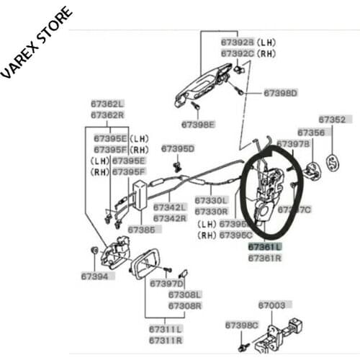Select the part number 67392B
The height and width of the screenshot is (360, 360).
click(238, 42)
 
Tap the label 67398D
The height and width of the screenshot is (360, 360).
click(280, 93)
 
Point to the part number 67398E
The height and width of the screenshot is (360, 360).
click(198, 124)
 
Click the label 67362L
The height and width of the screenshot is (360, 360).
click(107, 104)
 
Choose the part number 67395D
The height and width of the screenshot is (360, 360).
click(178, 149)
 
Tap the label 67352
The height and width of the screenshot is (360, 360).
click(332, 120)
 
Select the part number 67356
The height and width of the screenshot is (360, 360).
click(311, 132)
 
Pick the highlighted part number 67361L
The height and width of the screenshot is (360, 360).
click(265, 246)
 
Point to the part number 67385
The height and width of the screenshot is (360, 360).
click(141, 230)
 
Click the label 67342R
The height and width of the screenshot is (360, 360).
click(170, 218)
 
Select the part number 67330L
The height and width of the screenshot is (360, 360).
click(211, 201)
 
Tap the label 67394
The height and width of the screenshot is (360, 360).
click(94, 276)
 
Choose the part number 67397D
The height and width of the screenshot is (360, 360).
click(167, 284)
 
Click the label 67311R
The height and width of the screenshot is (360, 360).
click(166, 340)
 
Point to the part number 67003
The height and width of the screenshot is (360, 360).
click(271, 305)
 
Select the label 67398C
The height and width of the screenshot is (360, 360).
click(241, 325)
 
